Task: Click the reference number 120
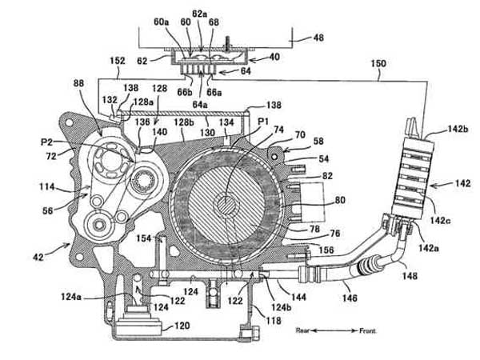click(182, 326)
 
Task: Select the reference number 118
click(274, 320)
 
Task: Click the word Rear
click(302, 330)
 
